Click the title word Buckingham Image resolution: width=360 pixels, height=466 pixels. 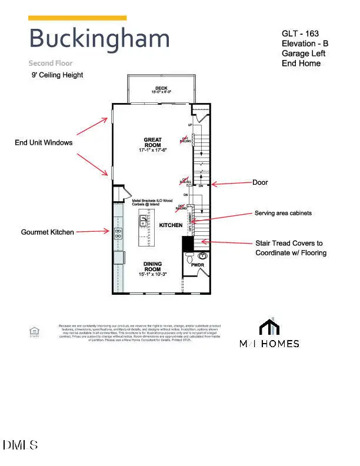click(99, 39)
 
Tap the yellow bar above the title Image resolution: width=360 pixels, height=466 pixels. click(77, 18)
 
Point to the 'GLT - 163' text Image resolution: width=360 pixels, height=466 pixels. click(300, 34)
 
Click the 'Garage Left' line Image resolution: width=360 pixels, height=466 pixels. click(303, 54)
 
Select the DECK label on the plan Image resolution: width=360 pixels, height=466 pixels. click(153, 89)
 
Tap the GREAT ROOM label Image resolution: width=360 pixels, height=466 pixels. click(153, 143)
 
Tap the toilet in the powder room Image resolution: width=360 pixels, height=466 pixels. click(189, 258)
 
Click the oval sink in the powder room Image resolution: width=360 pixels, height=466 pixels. click(204, 256)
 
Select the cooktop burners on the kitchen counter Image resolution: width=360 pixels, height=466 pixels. click(118, 232)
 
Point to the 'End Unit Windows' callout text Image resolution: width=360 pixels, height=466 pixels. click(44, 142)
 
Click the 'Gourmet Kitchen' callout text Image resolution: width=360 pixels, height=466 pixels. click(48, 232)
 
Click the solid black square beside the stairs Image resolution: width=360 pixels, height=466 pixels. click(188, 243)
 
